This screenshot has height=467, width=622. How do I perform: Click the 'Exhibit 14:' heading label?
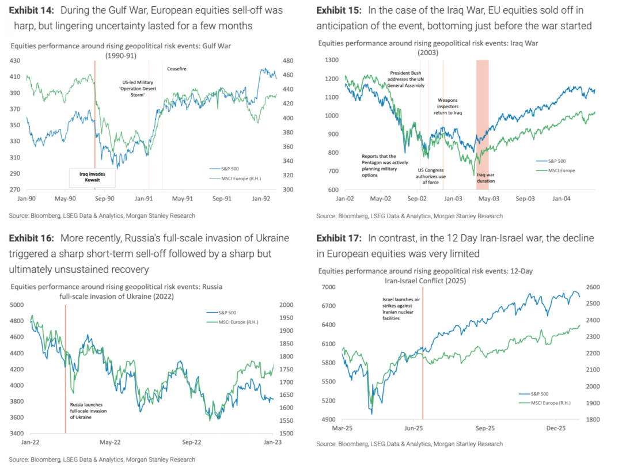click(32, 10)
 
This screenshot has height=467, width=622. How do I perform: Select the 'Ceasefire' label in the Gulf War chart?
click(177, 69)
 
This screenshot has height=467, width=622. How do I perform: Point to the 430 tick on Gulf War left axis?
click(15, 60)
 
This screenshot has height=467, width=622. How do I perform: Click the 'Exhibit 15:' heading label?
click(340, 10)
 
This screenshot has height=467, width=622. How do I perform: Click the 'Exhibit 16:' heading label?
click(32, 238)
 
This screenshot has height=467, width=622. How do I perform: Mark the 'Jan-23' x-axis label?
click(272, 443)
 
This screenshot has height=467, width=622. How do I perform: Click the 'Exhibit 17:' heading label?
click(340, 238)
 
